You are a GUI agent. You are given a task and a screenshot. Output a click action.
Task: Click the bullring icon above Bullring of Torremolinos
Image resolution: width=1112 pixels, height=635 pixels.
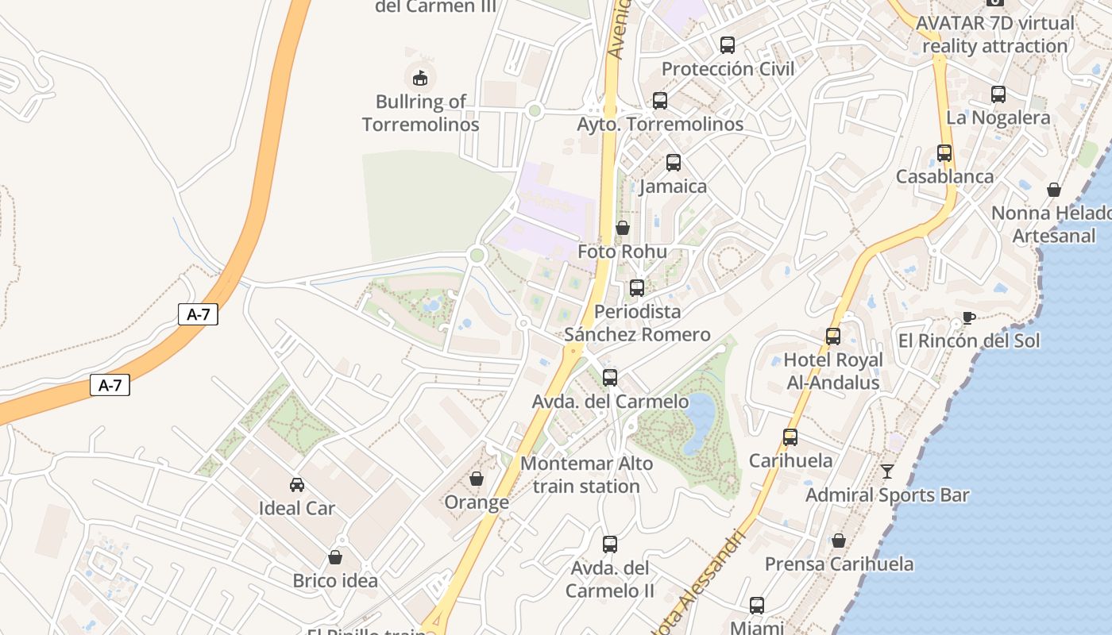(419, 78)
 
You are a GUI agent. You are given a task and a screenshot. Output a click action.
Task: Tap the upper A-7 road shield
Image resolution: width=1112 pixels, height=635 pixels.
(198, 314)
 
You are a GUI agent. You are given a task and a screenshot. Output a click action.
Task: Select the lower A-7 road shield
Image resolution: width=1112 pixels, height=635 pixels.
(110, 386)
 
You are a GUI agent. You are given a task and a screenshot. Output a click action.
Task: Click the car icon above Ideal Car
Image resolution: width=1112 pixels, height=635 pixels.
(297, 485)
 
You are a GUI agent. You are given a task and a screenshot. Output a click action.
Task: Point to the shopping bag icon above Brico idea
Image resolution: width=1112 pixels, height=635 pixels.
(335, 558)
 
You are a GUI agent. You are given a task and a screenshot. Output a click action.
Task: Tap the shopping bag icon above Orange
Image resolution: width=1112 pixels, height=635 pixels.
(477, 479)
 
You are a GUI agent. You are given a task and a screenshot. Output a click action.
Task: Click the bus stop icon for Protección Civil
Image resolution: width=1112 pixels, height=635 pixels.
(728, 45)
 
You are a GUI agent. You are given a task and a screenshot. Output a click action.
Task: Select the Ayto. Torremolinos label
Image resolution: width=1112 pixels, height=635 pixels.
(660, 125)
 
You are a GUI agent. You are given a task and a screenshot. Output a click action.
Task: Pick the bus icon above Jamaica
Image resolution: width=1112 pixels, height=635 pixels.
(674, 163)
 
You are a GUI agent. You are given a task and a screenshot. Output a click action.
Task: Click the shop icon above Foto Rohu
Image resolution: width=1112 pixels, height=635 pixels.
(623, 229)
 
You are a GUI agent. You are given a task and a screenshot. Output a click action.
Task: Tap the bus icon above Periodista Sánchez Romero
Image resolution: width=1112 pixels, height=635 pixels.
(637, 288)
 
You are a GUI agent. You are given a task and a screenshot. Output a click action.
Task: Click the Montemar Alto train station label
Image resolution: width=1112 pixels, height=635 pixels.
(587, 475)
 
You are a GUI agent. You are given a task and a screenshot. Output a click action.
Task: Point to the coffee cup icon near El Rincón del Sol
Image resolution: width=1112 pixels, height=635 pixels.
(968, 317)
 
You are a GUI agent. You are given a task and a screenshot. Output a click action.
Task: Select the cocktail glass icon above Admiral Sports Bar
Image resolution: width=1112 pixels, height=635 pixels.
(887, 471)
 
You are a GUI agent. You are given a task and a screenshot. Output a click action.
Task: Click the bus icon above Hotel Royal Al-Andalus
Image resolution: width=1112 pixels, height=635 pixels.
(833, 337)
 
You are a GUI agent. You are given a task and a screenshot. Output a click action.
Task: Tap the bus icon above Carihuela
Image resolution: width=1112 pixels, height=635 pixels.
(790, 437)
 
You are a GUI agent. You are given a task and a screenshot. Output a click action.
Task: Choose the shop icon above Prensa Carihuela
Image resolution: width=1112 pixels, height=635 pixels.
(839, 541)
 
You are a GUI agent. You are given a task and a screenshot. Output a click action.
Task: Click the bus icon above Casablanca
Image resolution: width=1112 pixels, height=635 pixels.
(944, 153)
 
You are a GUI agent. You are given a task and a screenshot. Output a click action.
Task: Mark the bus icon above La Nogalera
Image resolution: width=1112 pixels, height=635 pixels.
(998, 94)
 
